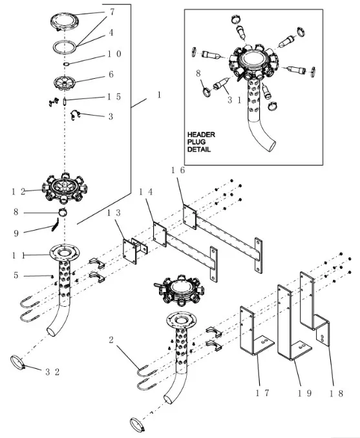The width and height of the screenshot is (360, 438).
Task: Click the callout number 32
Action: (52, 372)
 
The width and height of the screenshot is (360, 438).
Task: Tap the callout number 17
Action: (262, 393)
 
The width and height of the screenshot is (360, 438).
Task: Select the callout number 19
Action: (304, 393)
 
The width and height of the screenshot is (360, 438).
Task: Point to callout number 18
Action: (336, 393)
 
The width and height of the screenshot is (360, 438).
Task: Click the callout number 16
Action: (178, 170)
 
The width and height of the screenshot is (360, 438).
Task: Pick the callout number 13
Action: (114, 213)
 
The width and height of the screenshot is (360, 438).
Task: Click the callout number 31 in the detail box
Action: (234, 100)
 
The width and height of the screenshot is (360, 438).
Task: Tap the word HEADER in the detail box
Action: (201, 134)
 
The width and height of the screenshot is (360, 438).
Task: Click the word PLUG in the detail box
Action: (196, 142)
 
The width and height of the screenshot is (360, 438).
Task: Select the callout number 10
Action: (114, 54)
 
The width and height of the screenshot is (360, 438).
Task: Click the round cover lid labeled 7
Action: (65, 22)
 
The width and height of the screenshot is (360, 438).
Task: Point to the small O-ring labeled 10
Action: (66, 64)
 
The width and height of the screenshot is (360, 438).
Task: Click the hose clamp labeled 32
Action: (18, 362)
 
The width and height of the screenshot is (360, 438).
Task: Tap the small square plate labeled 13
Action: (130, 252)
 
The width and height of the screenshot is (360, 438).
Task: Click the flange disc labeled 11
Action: (64, 253)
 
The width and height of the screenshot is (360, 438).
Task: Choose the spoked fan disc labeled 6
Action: (65, 83)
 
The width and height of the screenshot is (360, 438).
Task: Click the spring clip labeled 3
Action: (75, 114)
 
